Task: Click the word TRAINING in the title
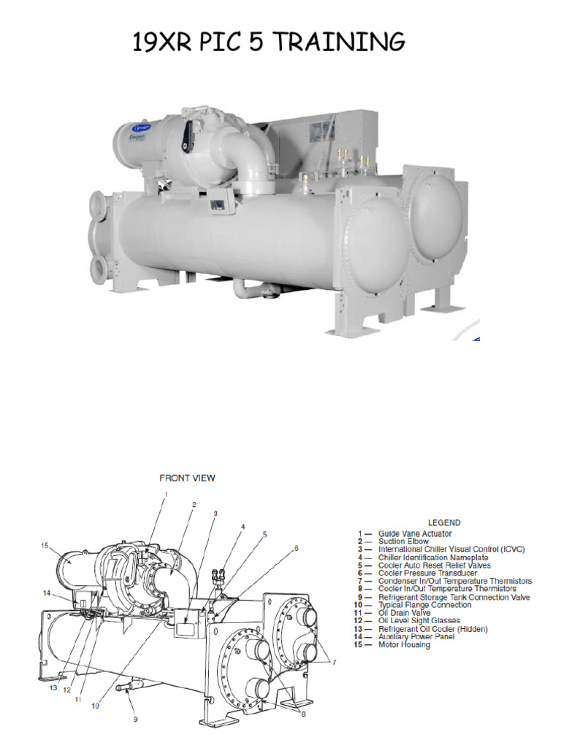pos(343,43)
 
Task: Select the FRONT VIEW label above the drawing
pos(188,478)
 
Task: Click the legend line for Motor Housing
pos(404,645)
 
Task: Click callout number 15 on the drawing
pos(44,545)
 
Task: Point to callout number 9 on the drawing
pos(134,718)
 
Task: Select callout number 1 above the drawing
pos(166,495)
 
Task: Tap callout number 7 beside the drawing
pos(335,662)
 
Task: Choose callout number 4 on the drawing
pos(243,526)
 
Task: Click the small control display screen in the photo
pos(216,204)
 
